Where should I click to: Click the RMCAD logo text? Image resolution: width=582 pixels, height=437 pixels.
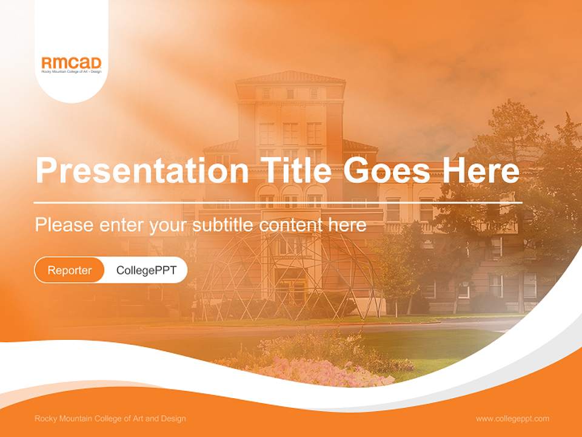click(x=71, y=63)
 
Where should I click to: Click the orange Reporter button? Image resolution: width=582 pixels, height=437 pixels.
click(x=69, y=270)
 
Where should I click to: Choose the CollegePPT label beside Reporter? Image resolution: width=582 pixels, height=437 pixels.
click(x=146, y=270)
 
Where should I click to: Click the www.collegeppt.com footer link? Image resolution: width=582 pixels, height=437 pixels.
click(x=512, y=419)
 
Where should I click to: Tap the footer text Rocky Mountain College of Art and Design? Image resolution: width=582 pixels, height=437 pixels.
click(x=110, y=419)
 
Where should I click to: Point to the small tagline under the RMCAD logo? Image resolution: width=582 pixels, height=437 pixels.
click(x=71, y=72)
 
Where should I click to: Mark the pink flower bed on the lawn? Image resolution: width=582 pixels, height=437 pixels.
click(x=327, y=371)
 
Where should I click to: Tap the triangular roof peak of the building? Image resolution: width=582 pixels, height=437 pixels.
click(x=290, y=76)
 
